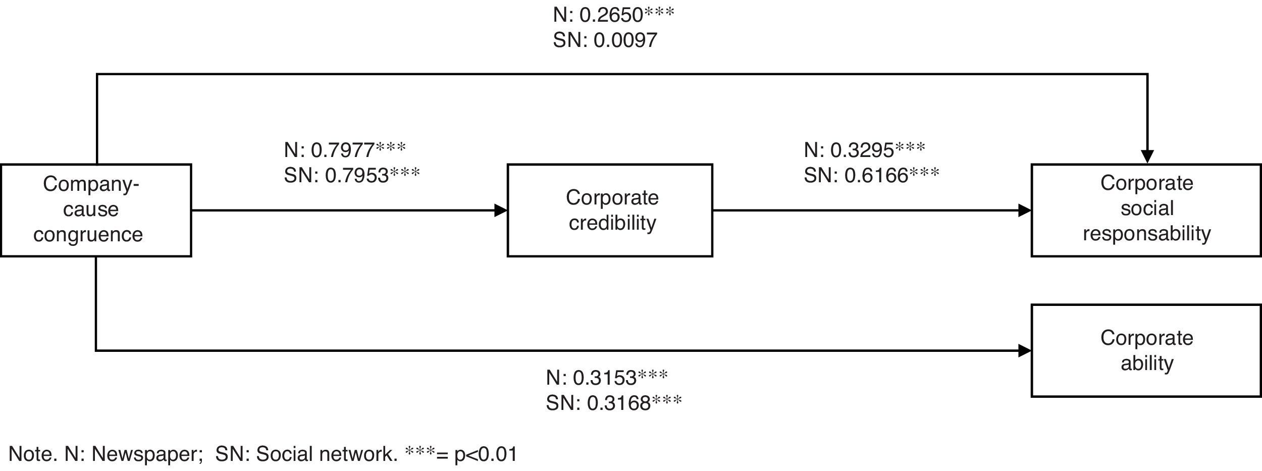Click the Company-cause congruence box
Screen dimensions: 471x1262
(x=95, y=210)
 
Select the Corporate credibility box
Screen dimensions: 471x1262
(x=610, y=210)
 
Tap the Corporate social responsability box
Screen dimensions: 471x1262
(x=1146, y=210)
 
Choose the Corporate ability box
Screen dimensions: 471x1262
(x=1146, y=350)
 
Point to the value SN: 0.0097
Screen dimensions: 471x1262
(x=605, y=40)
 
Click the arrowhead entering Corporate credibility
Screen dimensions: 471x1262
(x=501, y=211)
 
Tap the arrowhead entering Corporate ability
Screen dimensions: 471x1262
(x=1025, y=350)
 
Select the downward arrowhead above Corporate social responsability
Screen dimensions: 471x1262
(x=1147, y=156)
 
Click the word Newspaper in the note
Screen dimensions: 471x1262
(x=143, y=454)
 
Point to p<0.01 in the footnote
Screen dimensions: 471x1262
(x=486, y=454)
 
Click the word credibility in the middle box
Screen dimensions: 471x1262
(x=612, y=223)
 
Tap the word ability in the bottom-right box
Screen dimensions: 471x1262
(x=1147, y=363)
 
